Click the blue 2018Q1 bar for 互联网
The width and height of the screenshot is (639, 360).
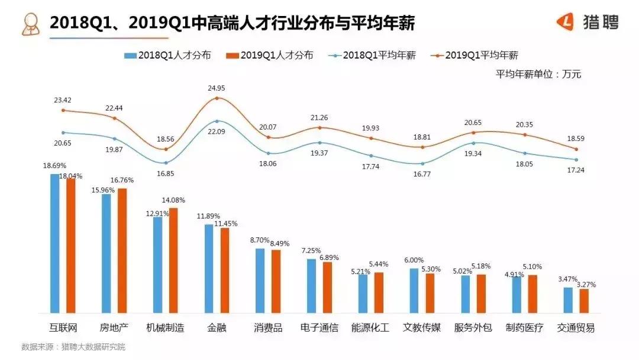pos(55,243)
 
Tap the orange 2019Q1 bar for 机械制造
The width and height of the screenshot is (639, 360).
pos(173,261)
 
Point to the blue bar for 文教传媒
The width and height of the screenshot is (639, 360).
pos(414,290)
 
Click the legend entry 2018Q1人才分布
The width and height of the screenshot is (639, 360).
pos(169,55)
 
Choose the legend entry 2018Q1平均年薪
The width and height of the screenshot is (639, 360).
pos(373,55)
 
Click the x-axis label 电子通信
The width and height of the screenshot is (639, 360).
pos(319,327)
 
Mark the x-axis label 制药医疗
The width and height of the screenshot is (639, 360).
pos(524,327)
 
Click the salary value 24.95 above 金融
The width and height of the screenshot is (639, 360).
pos(217,88)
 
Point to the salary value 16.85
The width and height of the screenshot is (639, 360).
pos(166,173)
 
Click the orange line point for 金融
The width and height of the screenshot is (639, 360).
pos(217,98)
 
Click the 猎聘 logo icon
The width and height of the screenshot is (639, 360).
pos(566,22)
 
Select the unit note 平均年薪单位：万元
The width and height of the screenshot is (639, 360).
pos(538,74)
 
